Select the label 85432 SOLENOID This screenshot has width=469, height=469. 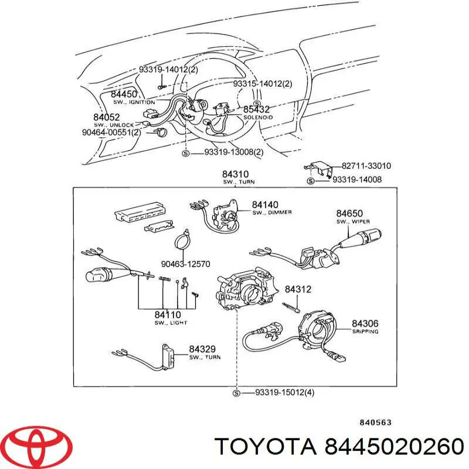[256, 110]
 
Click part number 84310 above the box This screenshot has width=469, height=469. [235, 174]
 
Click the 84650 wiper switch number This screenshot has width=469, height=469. [350, 214]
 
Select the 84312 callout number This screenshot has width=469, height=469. [297, 289]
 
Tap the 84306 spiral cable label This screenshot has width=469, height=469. [365, 323]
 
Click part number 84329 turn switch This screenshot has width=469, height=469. [202, 349]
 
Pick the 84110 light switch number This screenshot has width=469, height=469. [167, 315]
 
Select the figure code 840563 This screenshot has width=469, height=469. [374, 422]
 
